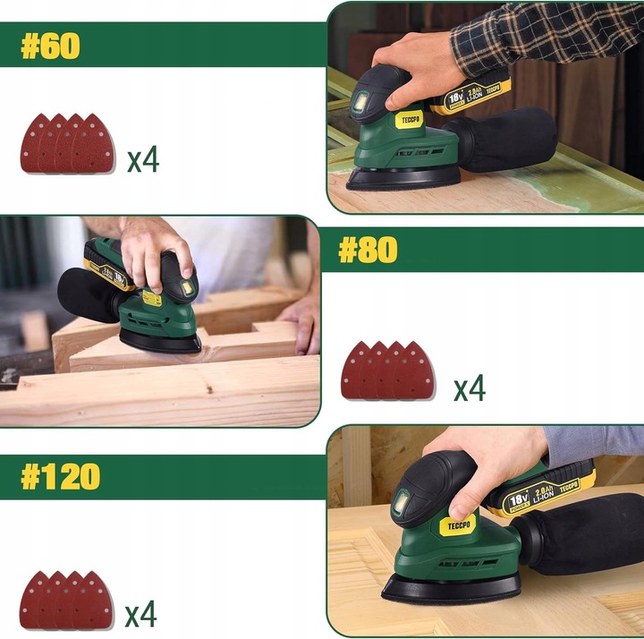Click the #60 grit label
point(50,46)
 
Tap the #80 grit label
point(368,250)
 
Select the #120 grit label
point(61,477)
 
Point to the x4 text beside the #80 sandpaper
point(469,388)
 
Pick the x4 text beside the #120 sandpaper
point(140,613)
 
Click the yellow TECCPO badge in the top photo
point(410,120)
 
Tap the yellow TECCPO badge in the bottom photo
point(458,525)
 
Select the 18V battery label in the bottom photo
point(518,501)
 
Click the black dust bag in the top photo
point(503,140)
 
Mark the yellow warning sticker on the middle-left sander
point(151,298)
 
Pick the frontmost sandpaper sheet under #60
point(93,144)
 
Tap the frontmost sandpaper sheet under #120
point(93,600)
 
